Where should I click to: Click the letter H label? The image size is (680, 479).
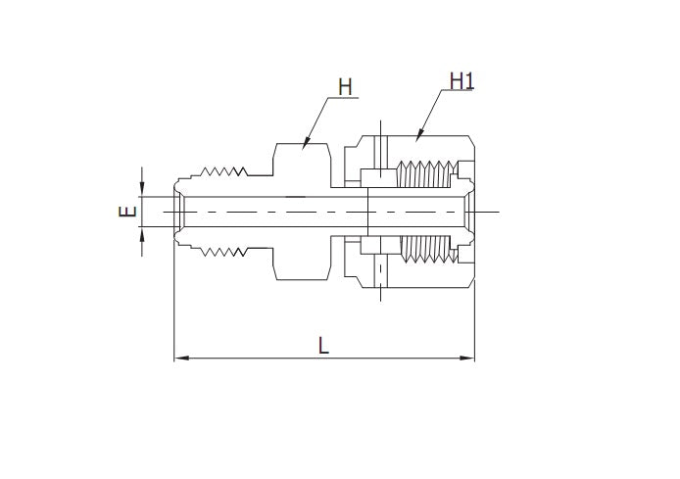(344, 86)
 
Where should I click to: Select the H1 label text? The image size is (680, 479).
(461, 80)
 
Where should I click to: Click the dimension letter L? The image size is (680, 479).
(323, 345)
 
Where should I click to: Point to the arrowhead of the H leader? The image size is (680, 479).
(305, 146)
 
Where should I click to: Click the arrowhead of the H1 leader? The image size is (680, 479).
(418, 136)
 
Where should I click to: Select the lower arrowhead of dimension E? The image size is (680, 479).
(143, 235)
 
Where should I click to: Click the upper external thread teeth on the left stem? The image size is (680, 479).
(224, 171)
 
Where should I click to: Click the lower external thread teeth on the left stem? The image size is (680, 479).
(224, 253)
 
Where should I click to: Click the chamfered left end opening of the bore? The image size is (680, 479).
(180, 212)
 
